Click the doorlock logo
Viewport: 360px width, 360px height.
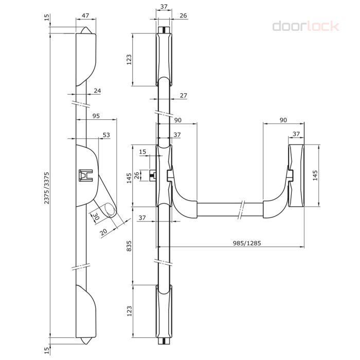305,26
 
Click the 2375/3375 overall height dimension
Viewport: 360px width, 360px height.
47,188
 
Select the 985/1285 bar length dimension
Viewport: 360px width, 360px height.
247,243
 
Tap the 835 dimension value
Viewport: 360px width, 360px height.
129,246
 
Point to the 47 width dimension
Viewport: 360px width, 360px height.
85,15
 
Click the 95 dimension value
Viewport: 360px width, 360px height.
96,116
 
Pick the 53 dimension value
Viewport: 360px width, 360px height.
106,135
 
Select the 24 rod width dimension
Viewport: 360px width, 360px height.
97,91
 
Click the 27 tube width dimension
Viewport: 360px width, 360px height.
184,95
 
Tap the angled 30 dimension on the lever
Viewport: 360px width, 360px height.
96,217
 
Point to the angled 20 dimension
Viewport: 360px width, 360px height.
104,232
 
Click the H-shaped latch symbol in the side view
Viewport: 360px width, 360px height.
86,175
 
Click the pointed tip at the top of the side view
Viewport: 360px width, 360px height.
86,27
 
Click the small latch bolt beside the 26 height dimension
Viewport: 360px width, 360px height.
153,175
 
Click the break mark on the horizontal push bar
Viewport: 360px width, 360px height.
241,210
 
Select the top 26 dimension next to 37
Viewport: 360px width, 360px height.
183,15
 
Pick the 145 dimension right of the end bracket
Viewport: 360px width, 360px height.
315,175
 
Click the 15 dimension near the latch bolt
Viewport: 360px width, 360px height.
142,152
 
